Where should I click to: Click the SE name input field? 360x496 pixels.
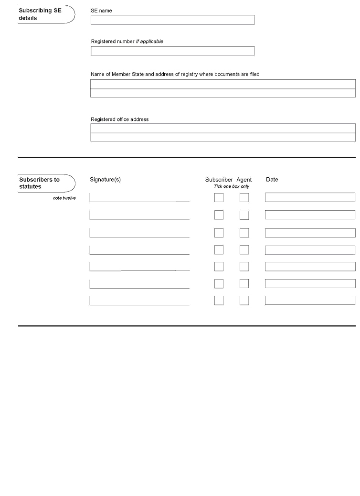click(172, 20)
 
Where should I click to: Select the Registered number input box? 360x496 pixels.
click(172, 51)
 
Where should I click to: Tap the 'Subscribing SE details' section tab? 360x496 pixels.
click(45, 14)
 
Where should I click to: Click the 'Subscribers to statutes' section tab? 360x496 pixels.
click(45, 183)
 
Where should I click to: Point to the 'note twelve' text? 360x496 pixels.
click(64, 198)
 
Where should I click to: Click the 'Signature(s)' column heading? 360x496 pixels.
click(105, 180)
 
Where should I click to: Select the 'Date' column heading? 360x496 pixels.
click(272, 180)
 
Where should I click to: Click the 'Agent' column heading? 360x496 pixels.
click(244, 180)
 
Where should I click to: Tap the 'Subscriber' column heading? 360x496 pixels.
click(219, 180)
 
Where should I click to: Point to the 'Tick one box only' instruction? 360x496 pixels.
click(232, 186)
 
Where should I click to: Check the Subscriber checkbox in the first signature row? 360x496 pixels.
click(219, 197)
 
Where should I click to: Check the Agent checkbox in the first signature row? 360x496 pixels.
click(244, 197)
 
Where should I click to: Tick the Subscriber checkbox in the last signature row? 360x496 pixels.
click(219, 301)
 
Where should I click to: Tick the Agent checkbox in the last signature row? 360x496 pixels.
click(244, 301)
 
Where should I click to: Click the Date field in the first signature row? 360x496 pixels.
click(310, 197)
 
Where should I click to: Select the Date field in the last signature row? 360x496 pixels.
click(310, 301)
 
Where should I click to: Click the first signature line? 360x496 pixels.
click(139, 198)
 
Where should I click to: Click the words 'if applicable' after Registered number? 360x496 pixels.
click(149, 42)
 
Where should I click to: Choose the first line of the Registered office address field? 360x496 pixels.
click(223, 128)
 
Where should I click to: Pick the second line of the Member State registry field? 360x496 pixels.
click(223, 93)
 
